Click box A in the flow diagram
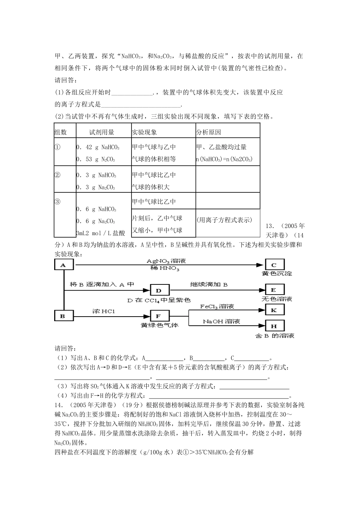63,265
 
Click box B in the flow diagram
63,315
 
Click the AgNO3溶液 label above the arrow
166,261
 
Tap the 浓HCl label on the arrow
103,311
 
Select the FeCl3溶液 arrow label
217,306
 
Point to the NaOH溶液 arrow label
222,322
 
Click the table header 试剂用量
102,133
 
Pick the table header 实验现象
144,133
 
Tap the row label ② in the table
58,175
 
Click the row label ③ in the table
58,201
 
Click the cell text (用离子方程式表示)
224,220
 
